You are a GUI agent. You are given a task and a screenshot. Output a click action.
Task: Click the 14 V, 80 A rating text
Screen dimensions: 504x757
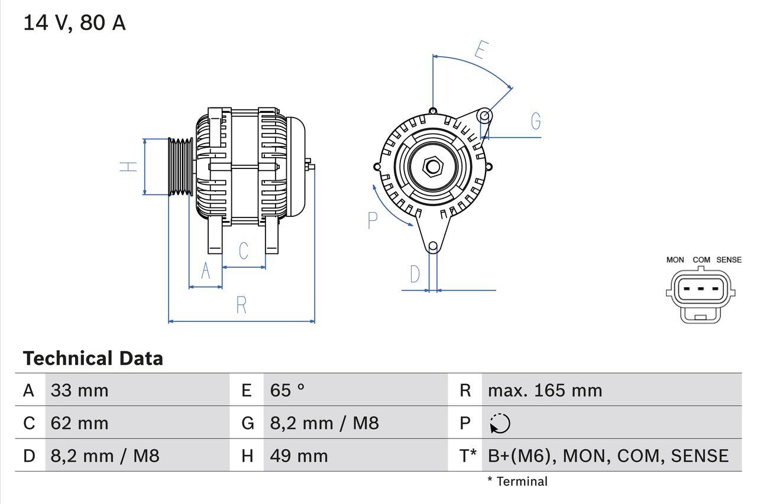74,23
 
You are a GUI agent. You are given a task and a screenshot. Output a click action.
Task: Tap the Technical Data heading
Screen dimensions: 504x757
93,358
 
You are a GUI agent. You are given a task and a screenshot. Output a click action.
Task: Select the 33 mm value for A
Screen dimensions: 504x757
80,390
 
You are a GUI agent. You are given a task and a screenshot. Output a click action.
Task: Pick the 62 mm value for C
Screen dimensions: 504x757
80,423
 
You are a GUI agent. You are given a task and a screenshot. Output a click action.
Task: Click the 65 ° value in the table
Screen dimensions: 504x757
287,390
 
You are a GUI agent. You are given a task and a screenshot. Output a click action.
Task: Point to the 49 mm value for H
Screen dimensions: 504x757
299,456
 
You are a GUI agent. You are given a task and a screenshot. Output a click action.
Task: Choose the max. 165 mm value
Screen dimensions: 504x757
545,390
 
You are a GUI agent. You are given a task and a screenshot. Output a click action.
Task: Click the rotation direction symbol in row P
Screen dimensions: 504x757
500,424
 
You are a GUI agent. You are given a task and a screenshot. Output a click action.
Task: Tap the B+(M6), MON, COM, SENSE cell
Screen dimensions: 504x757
608,456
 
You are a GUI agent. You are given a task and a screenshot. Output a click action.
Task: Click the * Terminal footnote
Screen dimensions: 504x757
517,482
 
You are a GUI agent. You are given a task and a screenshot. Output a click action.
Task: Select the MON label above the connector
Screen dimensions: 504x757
675,259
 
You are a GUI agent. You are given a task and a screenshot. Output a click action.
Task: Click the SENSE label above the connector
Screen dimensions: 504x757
729,259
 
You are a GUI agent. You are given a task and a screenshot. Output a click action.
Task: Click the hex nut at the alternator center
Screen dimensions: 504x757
433,167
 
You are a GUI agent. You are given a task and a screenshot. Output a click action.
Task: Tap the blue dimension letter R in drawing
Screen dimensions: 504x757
241,305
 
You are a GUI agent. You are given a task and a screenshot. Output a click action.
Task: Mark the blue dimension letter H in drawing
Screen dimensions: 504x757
128,167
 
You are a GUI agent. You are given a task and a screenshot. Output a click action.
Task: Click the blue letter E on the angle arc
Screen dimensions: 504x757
481,51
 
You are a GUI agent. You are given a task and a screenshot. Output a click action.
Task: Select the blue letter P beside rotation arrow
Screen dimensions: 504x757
372,220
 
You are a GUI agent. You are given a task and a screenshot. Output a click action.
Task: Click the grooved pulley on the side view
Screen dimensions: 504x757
180,167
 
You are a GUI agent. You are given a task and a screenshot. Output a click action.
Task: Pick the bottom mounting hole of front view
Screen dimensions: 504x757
433,246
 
